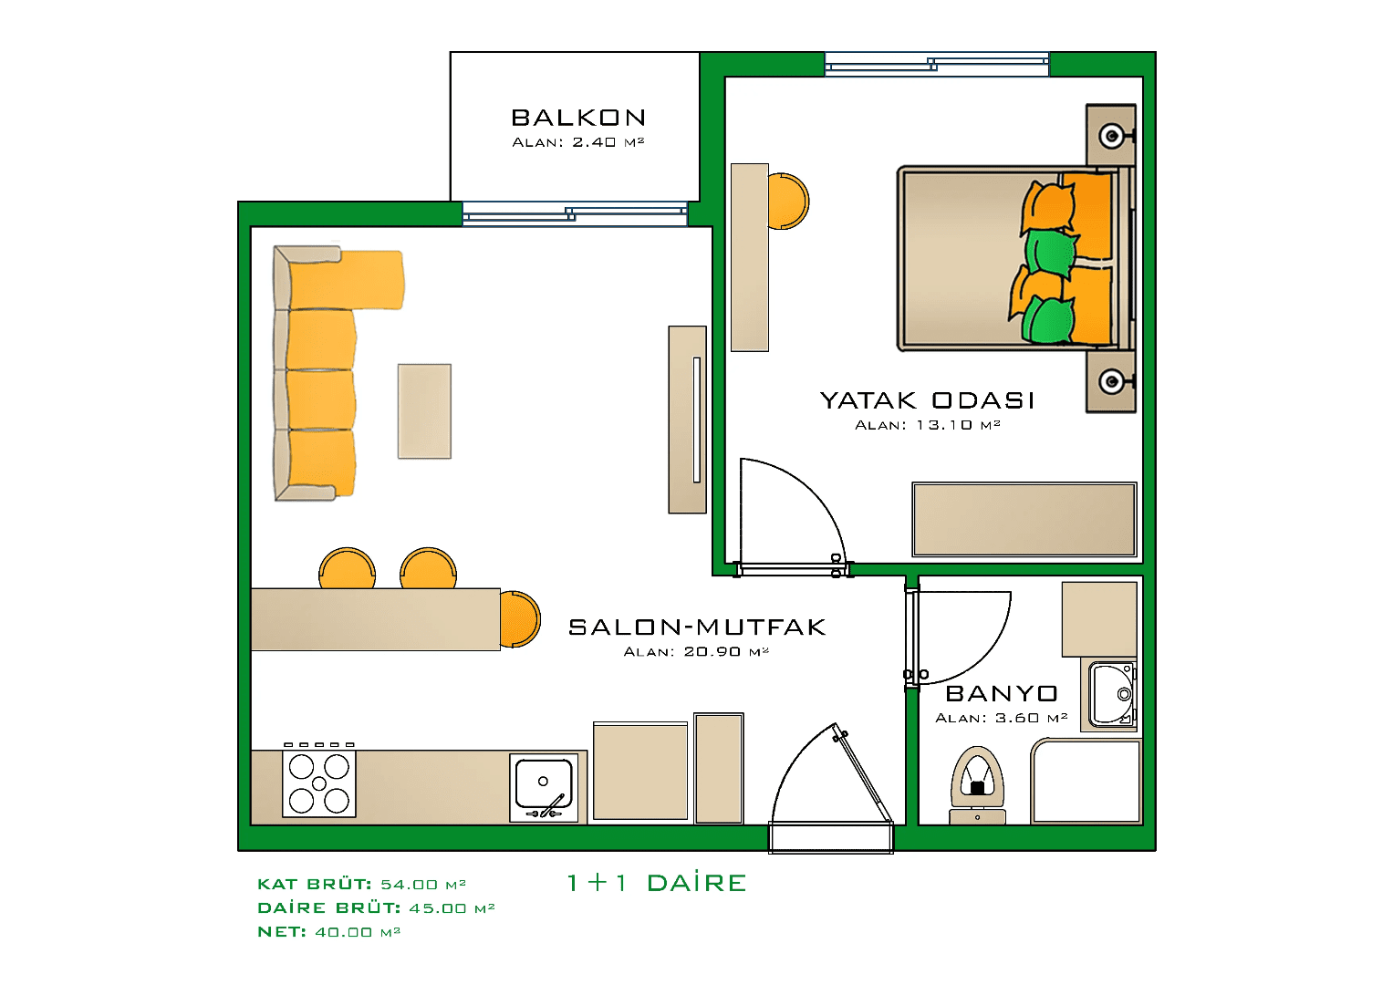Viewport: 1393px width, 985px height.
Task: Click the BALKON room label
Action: [578, 118]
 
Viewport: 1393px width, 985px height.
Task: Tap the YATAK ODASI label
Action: [927, 400]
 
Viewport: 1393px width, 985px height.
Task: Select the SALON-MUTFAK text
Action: [697, 627]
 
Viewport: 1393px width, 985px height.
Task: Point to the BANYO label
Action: [1002, 694]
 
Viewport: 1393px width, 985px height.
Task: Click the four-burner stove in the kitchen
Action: [318, 783]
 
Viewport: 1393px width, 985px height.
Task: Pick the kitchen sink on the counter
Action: [544, 785]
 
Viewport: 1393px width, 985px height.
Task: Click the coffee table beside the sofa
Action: [424, 411]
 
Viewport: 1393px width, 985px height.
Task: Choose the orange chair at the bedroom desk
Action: [788, 201]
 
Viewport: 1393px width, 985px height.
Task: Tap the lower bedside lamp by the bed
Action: [1111, 381]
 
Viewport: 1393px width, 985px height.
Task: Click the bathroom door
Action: [958, 635]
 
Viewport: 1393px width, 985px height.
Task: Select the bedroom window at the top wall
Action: [937, 64]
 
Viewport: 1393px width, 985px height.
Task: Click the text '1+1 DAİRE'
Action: [656, 883]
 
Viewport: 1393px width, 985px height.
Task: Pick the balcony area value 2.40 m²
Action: [608, 142]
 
